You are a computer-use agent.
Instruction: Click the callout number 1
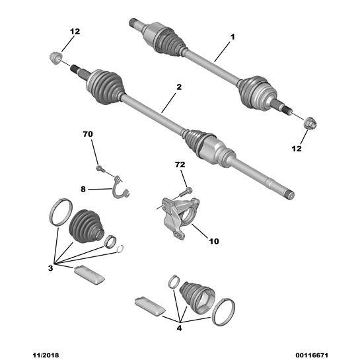tap(233, 37)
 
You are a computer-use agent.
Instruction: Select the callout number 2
tap(179, 87)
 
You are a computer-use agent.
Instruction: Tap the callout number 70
tap(88, 134)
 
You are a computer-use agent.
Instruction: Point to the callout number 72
tap(180, 164)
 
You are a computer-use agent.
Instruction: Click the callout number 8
tap(83, 189)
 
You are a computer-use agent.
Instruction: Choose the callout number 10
tap(214, 241)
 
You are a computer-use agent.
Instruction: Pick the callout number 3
tap(50, 268)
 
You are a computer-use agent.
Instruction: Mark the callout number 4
tap(179, 328)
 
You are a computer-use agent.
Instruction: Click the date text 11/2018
tap(46, 355)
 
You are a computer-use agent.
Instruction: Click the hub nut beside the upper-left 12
tap(55, 58)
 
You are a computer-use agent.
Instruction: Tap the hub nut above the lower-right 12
tap(310, 123)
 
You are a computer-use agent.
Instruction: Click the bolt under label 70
tap(100, 168)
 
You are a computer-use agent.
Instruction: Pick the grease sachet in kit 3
tap(89, 275)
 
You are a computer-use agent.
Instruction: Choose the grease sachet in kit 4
tap(150, 306)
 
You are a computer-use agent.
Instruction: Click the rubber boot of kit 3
tap(86, 226)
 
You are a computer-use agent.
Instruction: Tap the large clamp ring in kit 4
tap(224, 312)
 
